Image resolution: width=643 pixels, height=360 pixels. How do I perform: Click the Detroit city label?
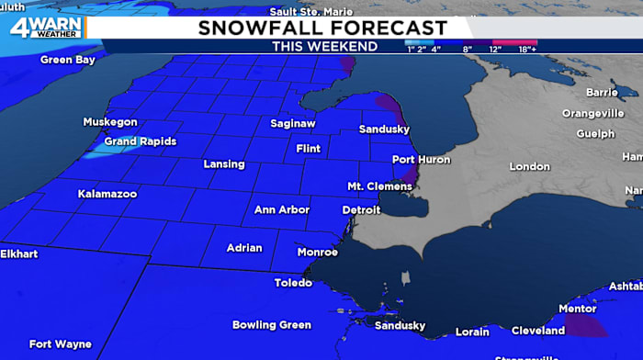[x=361, y=210]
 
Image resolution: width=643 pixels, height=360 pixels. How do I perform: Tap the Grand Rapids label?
[x=140, y=141]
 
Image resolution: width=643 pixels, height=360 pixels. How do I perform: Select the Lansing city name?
[x=224, y=164]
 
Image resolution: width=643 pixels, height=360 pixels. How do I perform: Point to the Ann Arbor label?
[x=281, y=210]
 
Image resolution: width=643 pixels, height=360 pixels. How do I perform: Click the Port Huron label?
[x=422, y=160]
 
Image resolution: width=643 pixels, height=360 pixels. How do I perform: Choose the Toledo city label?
[x=293, y=283]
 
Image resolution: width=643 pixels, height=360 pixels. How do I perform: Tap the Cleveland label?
[x=538, y=331]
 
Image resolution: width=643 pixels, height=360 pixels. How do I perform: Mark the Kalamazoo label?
[x=107, y=195]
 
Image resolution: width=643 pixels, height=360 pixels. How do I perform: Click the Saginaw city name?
[x=294, y=124]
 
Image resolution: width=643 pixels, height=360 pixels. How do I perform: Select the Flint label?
[x=308, y=149]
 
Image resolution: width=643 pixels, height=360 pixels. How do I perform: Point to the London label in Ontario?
[x=530, y=167]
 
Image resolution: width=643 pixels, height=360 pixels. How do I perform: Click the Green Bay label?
[x=67, y=61]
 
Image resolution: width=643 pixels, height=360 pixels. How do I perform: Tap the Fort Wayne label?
[x=60, y=344]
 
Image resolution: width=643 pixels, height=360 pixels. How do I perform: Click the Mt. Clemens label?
[x=379, y=186]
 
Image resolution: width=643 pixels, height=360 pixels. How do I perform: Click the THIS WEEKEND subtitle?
[x=324, y=46]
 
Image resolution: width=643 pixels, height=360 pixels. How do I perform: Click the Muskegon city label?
[x=110, y=122]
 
